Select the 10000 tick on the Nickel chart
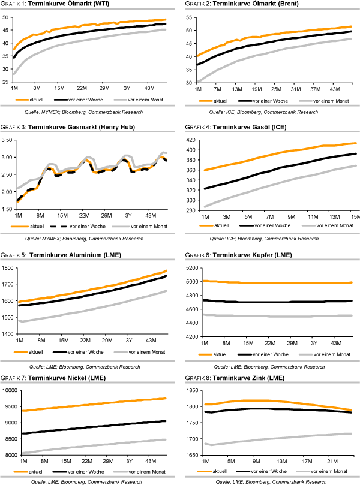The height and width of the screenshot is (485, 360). pos(8,391)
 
